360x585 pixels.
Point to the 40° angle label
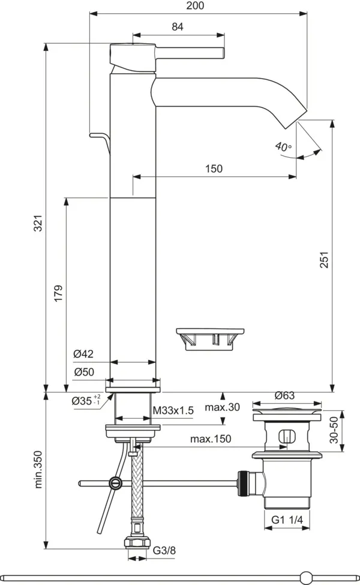click(x=283, y=146)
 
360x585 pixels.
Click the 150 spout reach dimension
click(x=213, y=169)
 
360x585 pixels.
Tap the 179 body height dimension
click(x=58, y=293)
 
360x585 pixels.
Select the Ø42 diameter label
click(x=84, y=355)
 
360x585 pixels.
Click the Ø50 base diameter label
click(x=84, y=372)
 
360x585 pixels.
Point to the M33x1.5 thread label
click(x=173, y=410)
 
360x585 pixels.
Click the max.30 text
click(x=223, y=407)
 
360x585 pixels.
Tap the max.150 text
click(x=211, y=439)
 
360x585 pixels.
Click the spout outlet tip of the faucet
click(x=291, y=120)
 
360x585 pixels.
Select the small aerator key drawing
click(x=210, y=338)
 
